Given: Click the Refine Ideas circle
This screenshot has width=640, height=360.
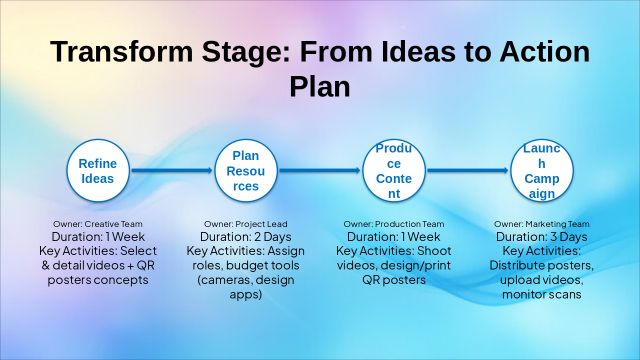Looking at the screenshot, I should [98, 170].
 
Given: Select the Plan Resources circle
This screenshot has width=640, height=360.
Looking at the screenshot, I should [245, 170].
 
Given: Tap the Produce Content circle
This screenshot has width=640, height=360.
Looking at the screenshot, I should [393, 170].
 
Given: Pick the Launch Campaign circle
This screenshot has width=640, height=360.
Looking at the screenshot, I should [541, 170].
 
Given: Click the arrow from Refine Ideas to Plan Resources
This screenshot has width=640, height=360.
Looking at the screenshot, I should [171, 170].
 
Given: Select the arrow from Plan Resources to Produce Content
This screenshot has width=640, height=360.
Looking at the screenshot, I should [319, 170].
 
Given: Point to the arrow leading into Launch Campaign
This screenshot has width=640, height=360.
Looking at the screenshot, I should [467, 170].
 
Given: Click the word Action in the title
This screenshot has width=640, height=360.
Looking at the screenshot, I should [544, 51].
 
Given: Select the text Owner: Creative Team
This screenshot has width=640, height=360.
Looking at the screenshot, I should [98, 224].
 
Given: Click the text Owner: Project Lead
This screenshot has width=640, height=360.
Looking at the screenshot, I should [245, 224].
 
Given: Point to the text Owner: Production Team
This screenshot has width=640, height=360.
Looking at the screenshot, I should [393, 224].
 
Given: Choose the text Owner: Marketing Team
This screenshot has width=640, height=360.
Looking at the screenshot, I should [541, 224].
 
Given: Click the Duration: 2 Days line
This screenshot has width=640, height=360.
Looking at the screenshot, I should [245, 236].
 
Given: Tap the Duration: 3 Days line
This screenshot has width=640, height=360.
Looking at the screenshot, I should [541, 236].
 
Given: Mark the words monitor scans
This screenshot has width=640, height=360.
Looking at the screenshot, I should [541, 294].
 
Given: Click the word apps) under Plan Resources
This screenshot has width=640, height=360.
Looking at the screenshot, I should [245, 294].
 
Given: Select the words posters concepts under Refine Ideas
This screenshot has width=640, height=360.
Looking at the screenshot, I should [98, 279].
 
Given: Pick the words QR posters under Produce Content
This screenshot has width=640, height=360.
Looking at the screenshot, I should [393, 279].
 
